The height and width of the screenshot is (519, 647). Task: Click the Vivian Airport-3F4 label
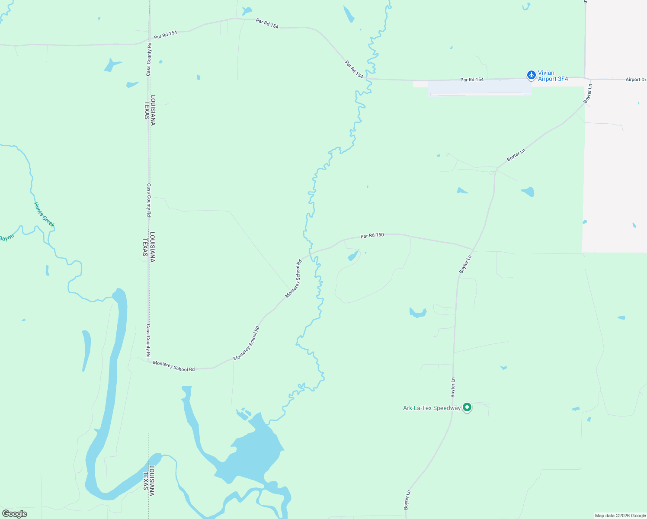tap(552, 76)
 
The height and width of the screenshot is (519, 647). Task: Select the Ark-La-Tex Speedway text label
tap(432, 408)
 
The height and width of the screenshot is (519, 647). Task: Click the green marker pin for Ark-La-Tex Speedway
tap(467, 407)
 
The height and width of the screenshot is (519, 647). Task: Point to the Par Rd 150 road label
tap(372, 236)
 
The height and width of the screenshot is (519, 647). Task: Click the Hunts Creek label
tap(44, 215)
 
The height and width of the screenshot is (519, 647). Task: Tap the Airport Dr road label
tap(635, 80)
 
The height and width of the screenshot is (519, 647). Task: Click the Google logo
tap(14, 514)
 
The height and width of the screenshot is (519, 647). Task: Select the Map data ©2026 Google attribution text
tap(620, 516)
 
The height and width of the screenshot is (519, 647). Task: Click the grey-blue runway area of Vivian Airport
tap(479, 87)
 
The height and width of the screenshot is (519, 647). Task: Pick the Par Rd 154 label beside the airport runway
tap(472, 80)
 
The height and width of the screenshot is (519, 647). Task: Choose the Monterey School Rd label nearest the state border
tap(173, 366)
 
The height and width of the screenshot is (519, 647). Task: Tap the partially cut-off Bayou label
tap(6, 238)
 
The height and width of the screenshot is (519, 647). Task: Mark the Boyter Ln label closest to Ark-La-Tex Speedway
tap(453, 388)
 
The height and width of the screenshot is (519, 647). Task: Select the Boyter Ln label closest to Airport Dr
tap(588, 93)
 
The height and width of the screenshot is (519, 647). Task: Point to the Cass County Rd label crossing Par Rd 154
tap(149, 59)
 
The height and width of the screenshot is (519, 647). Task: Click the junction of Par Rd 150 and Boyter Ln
tap(473, 250)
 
